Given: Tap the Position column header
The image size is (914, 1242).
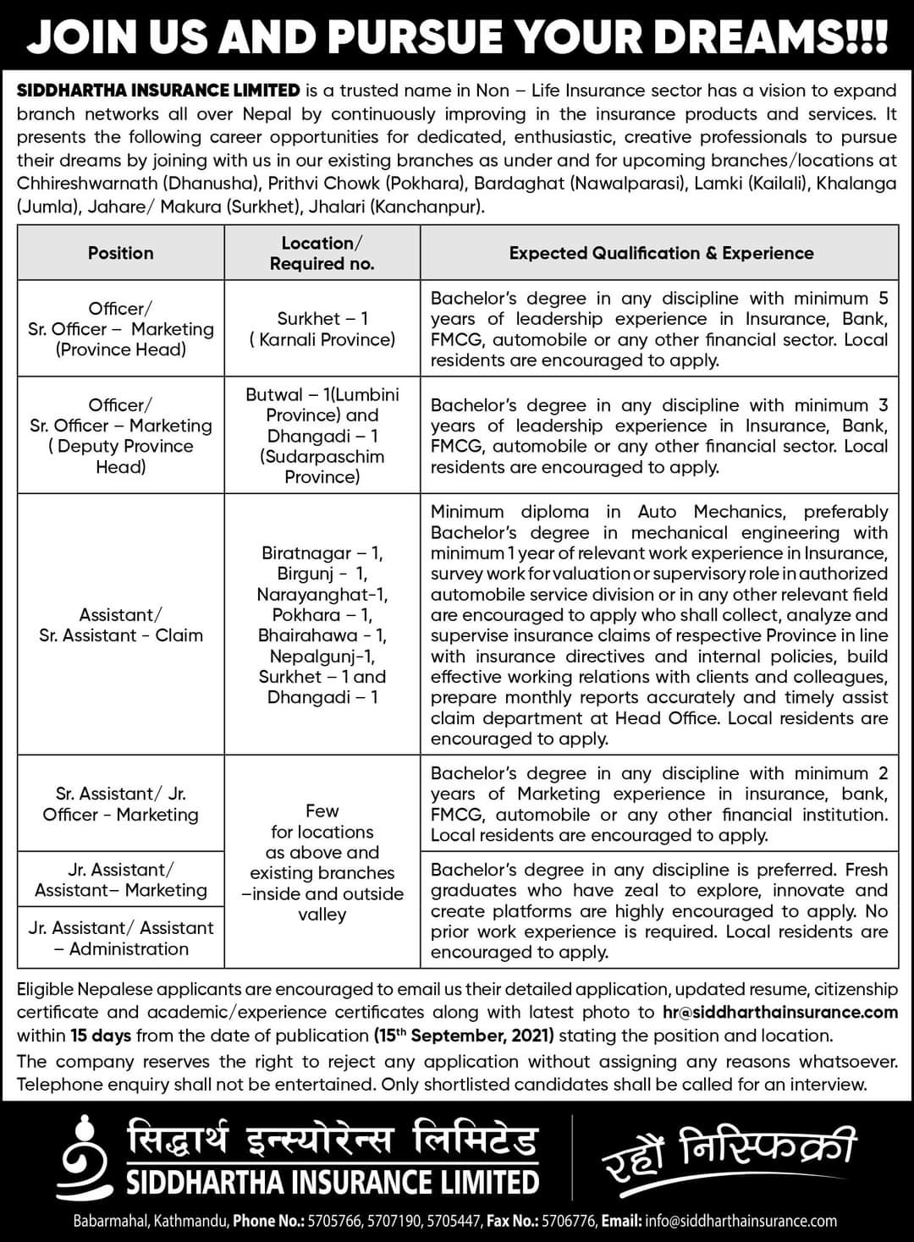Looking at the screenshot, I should click(120, 253).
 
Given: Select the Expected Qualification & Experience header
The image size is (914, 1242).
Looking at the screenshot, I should click(661, 253).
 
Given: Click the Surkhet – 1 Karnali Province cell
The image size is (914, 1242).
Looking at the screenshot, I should click(322, 329).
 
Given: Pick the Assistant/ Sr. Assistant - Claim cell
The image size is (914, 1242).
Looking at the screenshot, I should click(120, 625).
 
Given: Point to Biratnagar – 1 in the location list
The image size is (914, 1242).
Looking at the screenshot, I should click(322, 553).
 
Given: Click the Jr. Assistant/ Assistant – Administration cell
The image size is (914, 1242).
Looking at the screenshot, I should click(120, 938).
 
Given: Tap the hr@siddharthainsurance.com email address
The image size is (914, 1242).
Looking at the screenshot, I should click(779, 1012).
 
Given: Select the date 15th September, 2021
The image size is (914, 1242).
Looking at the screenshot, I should click(464, 1036).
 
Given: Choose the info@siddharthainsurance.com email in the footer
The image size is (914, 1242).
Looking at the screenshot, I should click(741, 1221).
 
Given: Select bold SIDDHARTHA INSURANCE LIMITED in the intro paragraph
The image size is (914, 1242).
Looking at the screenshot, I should click(158, 91).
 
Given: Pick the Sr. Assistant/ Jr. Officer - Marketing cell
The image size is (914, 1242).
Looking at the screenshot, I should click(120, 804).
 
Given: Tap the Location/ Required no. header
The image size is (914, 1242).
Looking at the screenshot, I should click(322, 253).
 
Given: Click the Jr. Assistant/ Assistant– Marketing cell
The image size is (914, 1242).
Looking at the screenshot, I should click(120, 880).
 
